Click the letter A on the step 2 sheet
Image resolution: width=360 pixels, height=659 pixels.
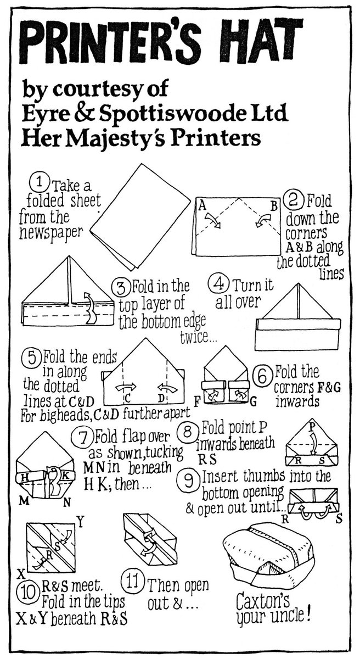(201, 206)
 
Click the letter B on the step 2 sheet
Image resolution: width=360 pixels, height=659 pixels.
(274, 206)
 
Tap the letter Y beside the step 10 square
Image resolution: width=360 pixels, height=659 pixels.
(81, 522)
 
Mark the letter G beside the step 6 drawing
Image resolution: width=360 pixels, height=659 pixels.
(254, 401)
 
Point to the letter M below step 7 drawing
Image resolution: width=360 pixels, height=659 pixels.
(24, 501)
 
